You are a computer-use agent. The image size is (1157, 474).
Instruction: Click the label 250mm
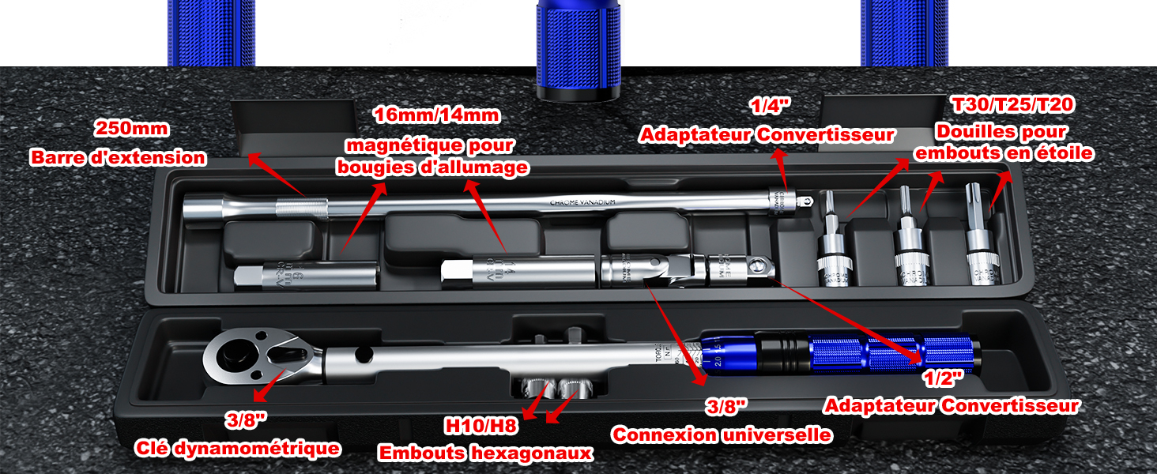132,128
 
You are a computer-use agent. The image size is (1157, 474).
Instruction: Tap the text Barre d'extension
119,157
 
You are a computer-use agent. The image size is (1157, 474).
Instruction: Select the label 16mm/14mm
436,115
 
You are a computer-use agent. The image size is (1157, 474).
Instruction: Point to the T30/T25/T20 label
1014,104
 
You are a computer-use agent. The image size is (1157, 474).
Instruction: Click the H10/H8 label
481,427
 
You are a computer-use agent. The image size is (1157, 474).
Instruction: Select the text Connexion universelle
722,434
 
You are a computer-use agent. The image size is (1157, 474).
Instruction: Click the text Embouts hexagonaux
485,453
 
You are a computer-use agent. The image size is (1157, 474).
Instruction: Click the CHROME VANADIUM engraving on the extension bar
582,203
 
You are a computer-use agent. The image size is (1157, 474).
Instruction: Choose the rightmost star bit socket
982,241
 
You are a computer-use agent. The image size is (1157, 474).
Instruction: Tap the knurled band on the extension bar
300,209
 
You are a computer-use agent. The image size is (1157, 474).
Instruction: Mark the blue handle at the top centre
577,47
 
